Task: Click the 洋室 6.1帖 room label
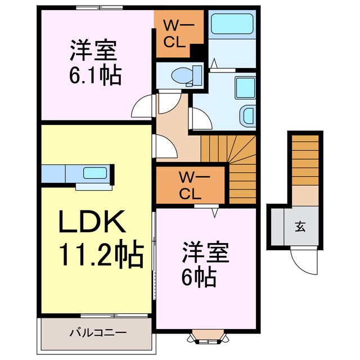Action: tap(94, 63)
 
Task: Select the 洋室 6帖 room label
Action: tap(205, 264)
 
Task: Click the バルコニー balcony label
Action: tap(94, 332)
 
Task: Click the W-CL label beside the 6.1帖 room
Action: tap(179, 34)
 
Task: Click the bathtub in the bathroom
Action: tap(233, 26)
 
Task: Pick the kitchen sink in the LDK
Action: tap(92, 172)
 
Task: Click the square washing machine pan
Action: tap(245, 87)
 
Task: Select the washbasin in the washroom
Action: tap(247, 115)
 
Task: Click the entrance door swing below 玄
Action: tap(299, 259)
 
